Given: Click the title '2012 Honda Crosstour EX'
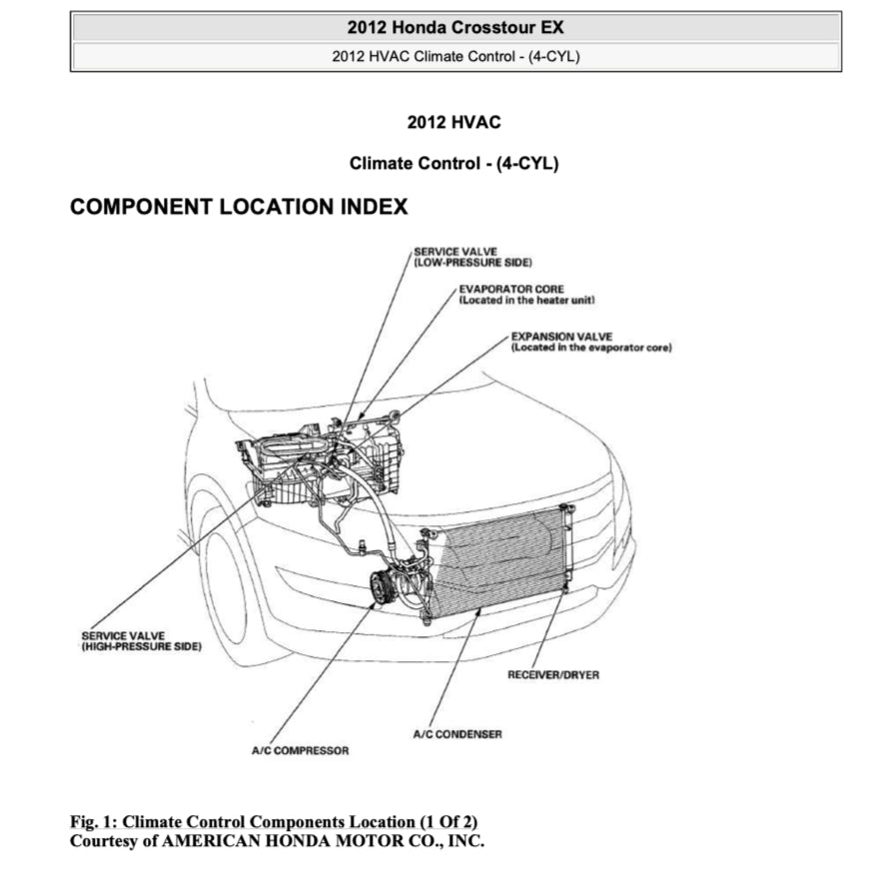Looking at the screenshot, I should pyautogui.click(x=454, y=27).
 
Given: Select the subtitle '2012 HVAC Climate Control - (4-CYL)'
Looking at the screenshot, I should pyautogui.click(x=455, y=56).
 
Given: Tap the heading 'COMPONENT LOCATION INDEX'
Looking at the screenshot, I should pyautogui.click(x=239, y=207).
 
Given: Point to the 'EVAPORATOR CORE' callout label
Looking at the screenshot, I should pyautogui.click(x=510, y=290).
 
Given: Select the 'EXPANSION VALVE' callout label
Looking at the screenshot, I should pyautogui.click(x=561, y=337).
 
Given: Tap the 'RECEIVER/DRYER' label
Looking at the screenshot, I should pyautogui.click(x=553, y=675).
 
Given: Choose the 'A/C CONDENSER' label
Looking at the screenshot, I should pyautogui.click(x=457, y=734).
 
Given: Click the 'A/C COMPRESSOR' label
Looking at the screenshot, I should pyautogui.click(x=300, y=750).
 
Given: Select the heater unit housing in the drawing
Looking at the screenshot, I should pyautogui.click(x=300, y=464).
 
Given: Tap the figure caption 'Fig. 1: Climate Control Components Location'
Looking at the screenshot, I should pyautogui.click(x=274, y=821).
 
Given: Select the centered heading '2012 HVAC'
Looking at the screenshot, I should pyautogui.click(x=453, y=122).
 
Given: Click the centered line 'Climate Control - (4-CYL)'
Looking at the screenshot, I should pyautogui.click(x=453, y=163).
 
